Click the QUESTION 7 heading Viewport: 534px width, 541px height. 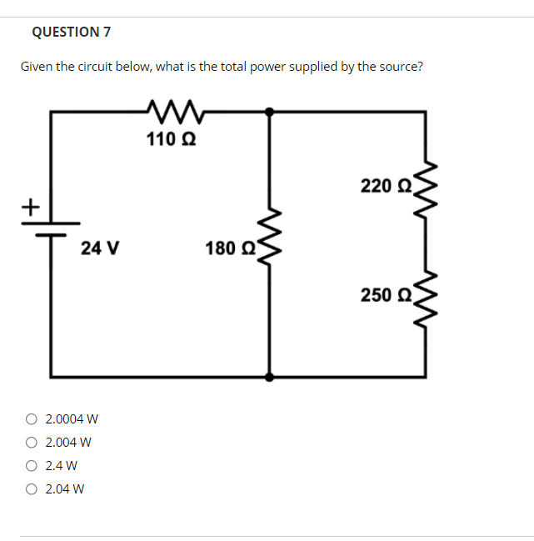pos(71,33)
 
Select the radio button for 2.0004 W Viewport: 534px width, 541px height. pos(32,418)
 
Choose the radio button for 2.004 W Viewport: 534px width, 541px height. pos(32,442)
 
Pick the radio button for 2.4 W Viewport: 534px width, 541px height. pos(32,465)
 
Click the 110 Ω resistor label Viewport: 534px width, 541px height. pos(172,139)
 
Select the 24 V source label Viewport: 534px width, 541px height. pos(100,248)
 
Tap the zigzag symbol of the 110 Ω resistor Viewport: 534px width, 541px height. pos(175,109)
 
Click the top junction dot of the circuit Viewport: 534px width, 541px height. pos(268,110)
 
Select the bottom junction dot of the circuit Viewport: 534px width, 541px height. pos(268,377)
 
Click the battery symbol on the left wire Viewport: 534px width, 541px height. pos(52,228)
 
